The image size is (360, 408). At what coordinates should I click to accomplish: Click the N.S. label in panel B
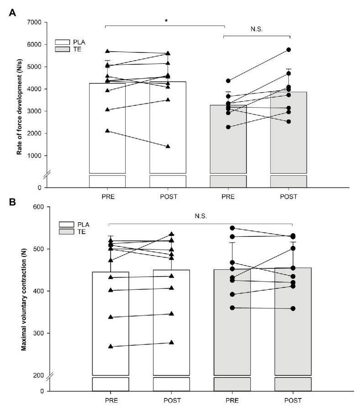pyautogui.click(x=201, y=215)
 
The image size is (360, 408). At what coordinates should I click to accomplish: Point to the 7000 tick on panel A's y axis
pyautogui.click(x=35, y=22)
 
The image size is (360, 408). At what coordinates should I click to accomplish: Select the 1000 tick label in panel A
pyautogui.click(x=35, y=156)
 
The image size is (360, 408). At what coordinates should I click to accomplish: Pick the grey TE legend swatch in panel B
pyautogui.click(x=66, y=232)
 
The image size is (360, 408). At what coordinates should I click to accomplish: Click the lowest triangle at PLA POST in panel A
pyautogui.click(x=168, y=146)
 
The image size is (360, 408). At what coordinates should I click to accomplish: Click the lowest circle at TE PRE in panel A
pyautogui.click(x=228, y=127)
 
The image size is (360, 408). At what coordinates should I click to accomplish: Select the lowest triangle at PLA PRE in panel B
pyautogui.click(x=111, y=346)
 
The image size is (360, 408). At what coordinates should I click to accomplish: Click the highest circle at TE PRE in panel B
pyautogui.click(x=232, y=228)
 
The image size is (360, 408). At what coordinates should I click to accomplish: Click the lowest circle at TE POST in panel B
pyautogui.click(x=293, y=309)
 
